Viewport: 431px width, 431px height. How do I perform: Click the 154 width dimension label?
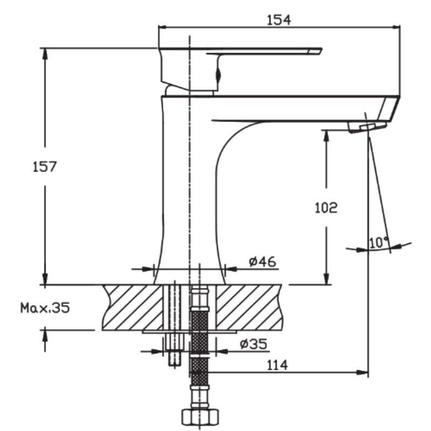[279, 20]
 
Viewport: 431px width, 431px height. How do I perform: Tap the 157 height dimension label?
[45, 166]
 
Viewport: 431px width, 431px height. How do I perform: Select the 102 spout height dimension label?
[326, 207]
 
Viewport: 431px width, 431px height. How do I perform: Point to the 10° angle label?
[379, 242]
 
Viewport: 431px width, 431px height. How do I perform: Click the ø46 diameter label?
[262, 261]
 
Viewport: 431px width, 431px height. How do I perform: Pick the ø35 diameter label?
[253, 344]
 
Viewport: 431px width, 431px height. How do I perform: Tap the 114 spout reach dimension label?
[277, 365]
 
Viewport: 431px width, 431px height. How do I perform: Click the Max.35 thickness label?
[45, 308]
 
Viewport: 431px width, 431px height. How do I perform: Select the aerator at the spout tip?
[367, 127]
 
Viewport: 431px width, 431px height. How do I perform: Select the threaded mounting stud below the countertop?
[174, 349]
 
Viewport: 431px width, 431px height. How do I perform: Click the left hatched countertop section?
[133, 307]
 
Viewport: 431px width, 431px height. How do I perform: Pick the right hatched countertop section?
[249, 307]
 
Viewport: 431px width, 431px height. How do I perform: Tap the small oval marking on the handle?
[219, 74]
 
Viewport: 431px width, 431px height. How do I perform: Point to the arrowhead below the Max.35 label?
[45, 336]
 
